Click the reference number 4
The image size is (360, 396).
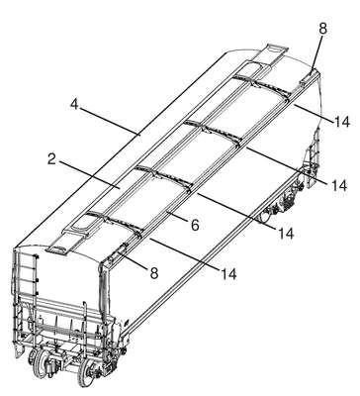pyautogui.click(x=74, y=104)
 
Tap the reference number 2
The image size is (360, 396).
pyautogui.click(x=51, y=159)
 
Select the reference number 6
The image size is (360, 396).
pyautogui.click(x=195, y=225)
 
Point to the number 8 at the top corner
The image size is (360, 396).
pyautogui.click(x=322, y=29)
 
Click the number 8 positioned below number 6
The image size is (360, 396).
pyautogui.click(x=154, y=273)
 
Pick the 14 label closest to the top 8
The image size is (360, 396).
pyautogui.click(x=341, y=122)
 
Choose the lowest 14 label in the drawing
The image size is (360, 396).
pyautogui.click(x=228, y=274)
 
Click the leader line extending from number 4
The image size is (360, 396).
pyautogui.click(x=110, y=121)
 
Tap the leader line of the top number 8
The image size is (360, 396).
pyautogui.click(x=316, y=53)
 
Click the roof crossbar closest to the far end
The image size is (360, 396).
pyautogui.click(x=260, y=86)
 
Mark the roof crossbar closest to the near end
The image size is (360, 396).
pyautogui.click(x=114, y=224)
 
